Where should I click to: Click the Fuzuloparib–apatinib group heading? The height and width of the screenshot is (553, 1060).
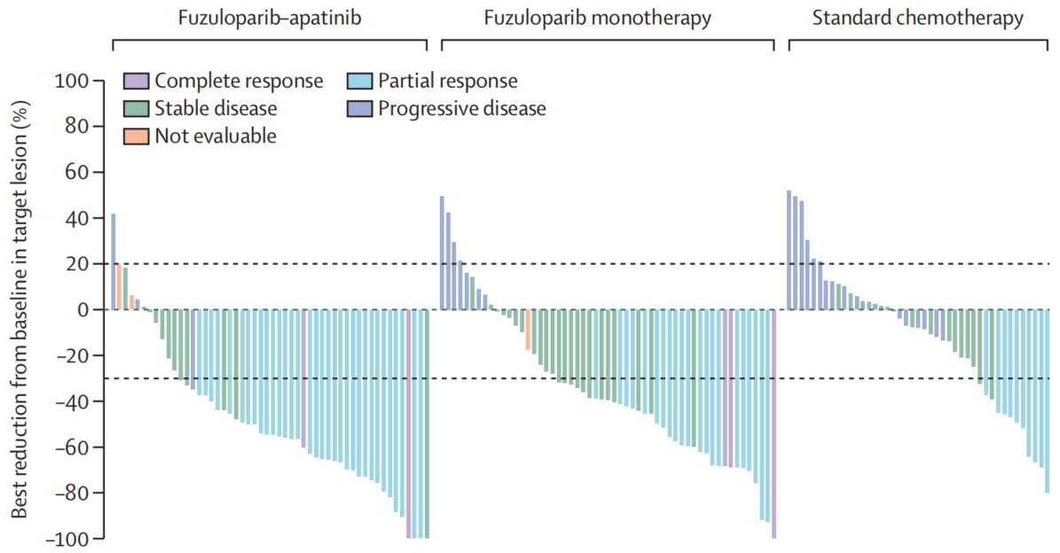pos(269,18)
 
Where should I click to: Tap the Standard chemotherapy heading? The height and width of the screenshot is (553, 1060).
pos(918,18)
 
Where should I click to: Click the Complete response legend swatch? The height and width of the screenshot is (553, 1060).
pos(136,82)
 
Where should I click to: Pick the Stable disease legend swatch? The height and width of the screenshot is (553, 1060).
pos(136,109)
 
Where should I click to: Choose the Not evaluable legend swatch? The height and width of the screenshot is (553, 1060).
pos(136,136)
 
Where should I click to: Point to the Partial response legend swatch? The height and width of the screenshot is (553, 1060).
pos(359,82)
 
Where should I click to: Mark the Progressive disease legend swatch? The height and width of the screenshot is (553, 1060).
pos(359,109)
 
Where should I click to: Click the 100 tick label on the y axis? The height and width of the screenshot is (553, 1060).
pos(74,82)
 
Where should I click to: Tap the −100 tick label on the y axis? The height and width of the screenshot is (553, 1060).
pos(68,539)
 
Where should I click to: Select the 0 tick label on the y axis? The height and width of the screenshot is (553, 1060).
pos(83,310)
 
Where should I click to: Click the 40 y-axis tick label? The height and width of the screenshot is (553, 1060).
pos(78,219)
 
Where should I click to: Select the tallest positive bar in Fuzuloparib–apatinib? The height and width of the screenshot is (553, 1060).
pos(113,261)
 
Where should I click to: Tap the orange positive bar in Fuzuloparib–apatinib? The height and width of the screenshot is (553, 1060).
pos(119,286)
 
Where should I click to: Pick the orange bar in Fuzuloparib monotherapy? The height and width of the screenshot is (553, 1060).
pos(528,330)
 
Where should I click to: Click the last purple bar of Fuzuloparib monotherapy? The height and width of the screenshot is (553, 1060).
pos(773,424)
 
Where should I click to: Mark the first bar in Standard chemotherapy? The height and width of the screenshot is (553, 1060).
pos(789,250)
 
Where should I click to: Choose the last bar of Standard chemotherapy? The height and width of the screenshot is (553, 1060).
pos(1047,401)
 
